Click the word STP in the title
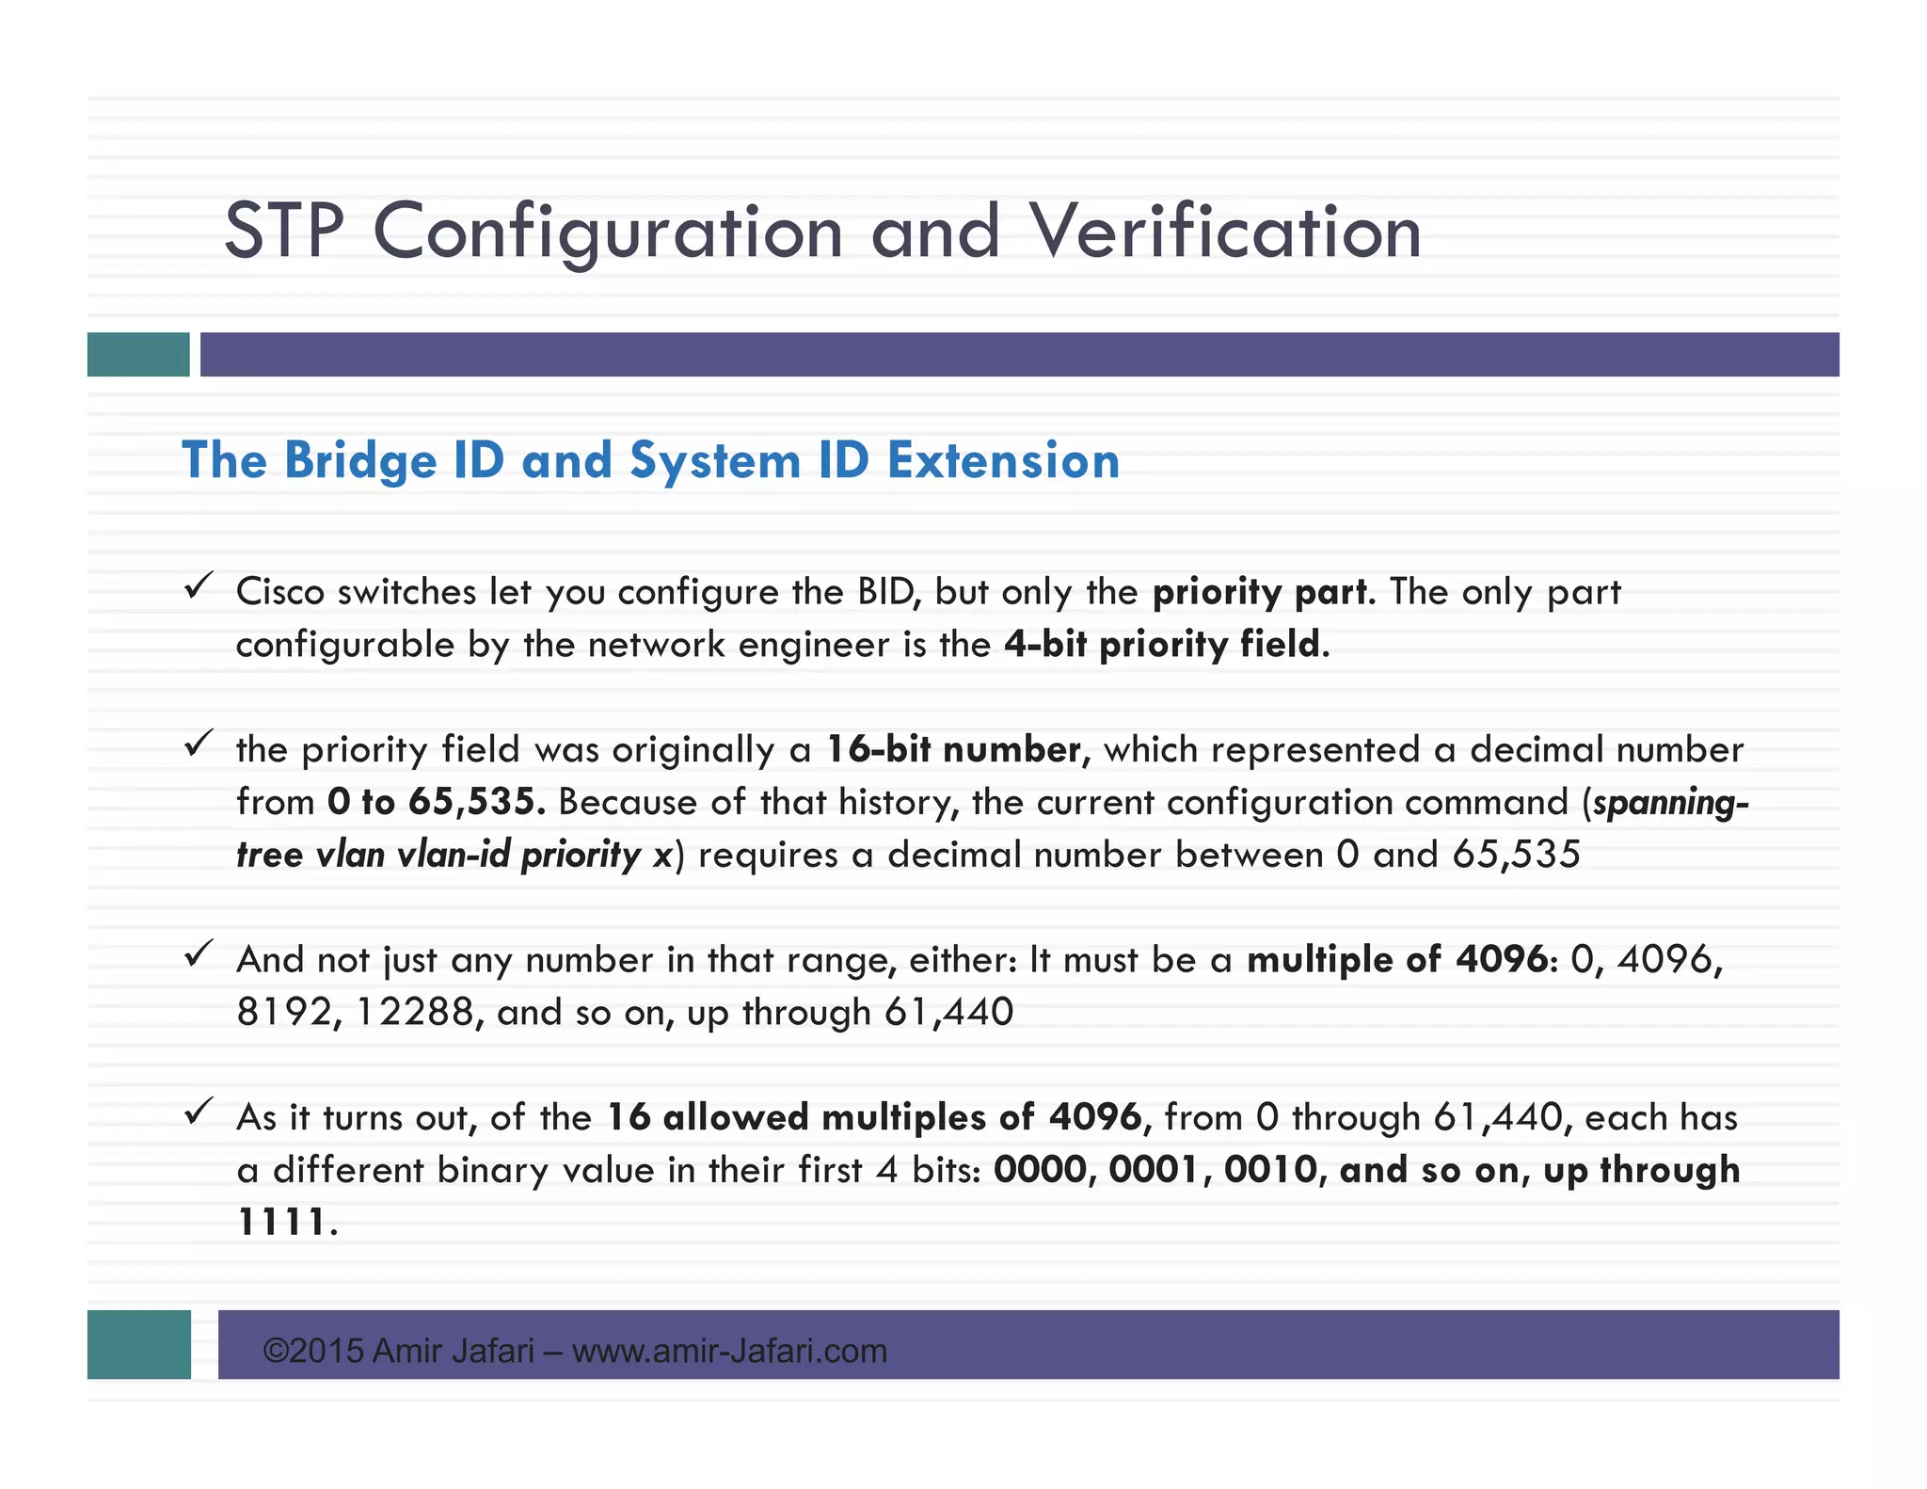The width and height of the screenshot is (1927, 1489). [284, 232]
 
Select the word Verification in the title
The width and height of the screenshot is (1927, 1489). [1225, 232]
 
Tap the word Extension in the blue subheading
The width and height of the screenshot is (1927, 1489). [1003, 461]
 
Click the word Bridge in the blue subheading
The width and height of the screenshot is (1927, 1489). [360, 461]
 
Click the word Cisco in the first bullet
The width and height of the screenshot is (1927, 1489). [280, 592]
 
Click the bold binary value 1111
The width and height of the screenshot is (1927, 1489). [281, 1223]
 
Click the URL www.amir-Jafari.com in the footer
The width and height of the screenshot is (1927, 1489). [729, 1352]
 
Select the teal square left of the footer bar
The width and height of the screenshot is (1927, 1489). [139, 1345]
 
